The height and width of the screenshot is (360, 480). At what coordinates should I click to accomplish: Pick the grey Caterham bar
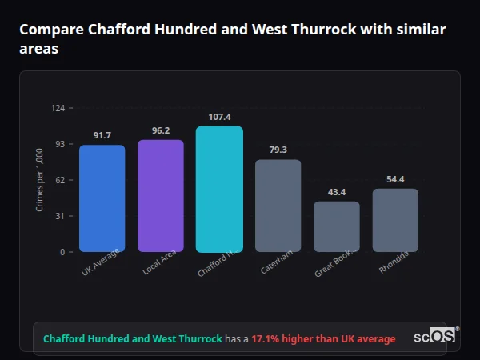point(278,206)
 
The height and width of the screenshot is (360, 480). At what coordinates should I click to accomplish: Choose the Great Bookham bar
point(337,226)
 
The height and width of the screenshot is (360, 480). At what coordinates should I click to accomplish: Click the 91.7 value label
point(102,135)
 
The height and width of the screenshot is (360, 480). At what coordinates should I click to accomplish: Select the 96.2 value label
point(161,130)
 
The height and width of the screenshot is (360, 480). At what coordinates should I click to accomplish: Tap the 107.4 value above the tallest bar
point(219,117)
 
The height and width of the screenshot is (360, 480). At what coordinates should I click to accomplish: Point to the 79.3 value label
point(278,150)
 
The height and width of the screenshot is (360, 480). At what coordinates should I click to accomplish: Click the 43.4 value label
point(337,192)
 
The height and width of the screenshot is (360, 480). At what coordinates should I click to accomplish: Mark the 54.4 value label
point(395,179)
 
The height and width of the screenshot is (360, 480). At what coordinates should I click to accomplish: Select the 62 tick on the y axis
point(59,180)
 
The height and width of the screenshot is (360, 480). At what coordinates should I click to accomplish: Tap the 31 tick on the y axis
point(59,216)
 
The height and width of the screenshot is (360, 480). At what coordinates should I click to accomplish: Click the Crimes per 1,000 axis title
point(39,180)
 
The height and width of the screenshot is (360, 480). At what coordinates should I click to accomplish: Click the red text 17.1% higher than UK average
point(323,339)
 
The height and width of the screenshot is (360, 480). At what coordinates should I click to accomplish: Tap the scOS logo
point(435,337)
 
